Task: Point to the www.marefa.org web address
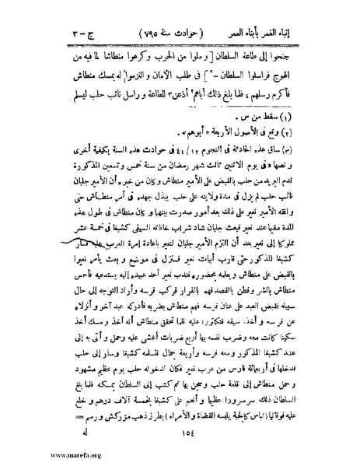click(x=33, y=456)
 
